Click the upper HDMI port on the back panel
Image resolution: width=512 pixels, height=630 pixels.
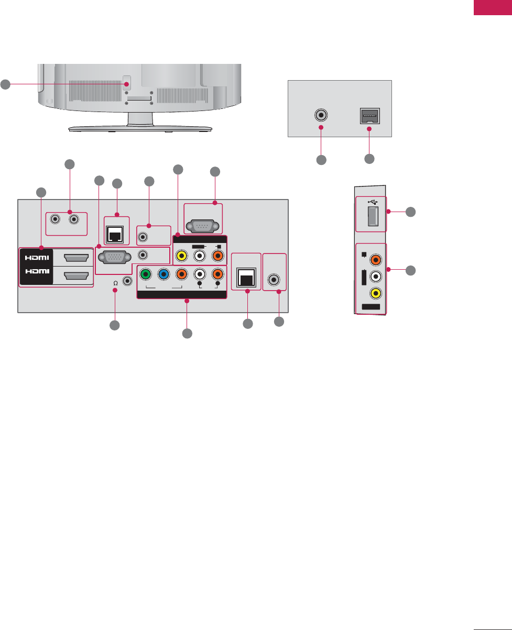[x=75, y=257]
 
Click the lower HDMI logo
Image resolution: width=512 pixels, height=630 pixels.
[x=36, y=275]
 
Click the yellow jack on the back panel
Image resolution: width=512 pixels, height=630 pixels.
[x=181, y=257]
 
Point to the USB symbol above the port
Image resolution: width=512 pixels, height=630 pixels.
[x=371, y=202]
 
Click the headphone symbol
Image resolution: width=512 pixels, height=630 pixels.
[x=115, y=283]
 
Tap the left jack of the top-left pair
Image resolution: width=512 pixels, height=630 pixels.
[x=55, y=220]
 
